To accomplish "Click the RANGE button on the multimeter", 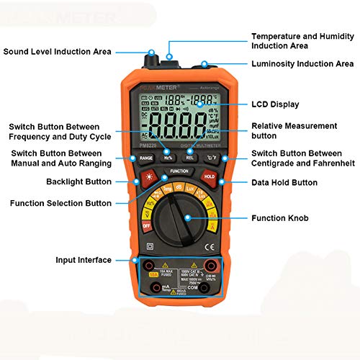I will pos(146,157).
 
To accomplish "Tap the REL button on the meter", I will pos(190,157).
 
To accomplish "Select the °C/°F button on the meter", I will pos(212,157).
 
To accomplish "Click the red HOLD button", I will pos(209,176).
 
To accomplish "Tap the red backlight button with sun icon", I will pos(149,176).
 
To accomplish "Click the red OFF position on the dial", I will pos(145,225).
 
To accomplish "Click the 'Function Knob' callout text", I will pos(279,218).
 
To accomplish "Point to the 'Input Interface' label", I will pos(84,259).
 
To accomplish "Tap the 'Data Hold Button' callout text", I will pos(284,183).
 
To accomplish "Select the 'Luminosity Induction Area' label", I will pos(302,64).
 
